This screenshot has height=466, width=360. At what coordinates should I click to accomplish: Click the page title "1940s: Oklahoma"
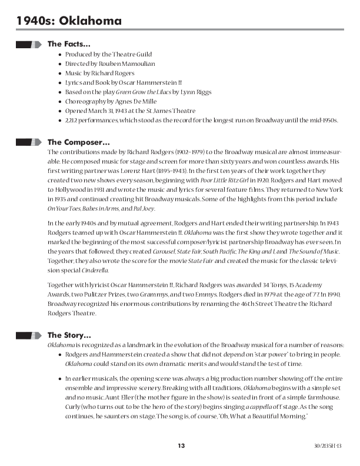pyautogui.click(x=69, y=21)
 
